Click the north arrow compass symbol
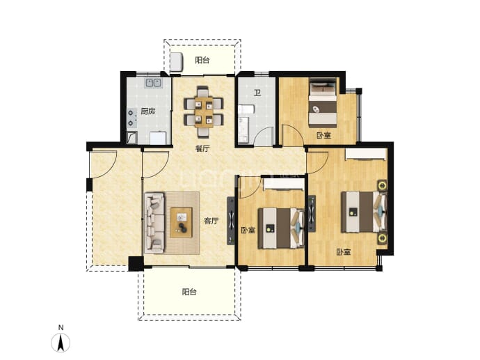pos(61,342)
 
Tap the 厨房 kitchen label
pos(148,111)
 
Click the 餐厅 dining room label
pos(202,149)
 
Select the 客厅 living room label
pos(211,221)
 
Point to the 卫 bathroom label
pos(257,93)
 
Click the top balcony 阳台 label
pos(202,60)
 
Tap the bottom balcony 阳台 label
pos(189,292)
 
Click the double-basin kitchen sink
pos(153,83)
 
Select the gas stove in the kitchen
pos(131,118)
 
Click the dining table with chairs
pos(204,112)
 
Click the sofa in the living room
pos(154,223)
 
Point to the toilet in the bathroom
pos(246,110)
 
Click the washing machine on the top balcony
pos(176,61)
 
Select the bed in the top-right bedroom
pos(323,102)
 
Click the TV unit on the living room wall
pos(231,221)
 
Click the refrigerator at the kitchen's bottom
pos(158,138)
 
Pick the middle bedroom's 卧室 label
pos(248,230)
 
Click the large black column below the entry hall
pos(136,263)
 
